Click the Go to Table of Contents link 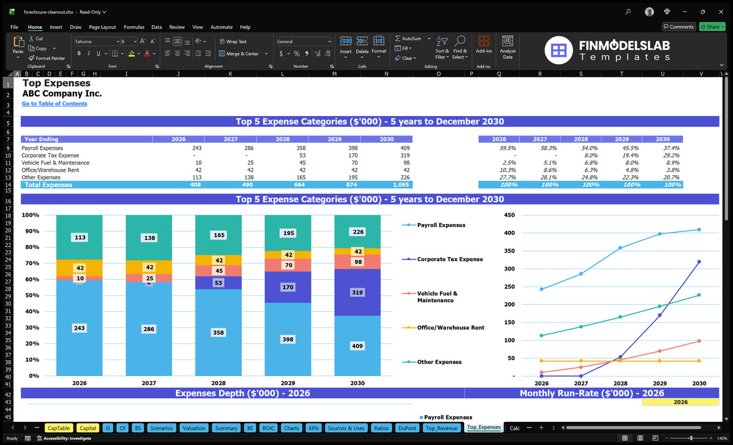tap(54, 104)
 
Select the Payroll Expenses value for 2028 tap(301, 148)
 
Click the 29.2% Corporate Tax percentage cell tap(671, 155)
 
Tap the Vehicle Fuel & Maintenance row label tap(56, 163)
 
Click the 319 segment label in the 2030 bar tap(357, 292)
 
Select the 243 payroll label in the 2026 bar tap(79, 328)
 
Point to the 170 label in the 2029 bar tap(288, 287)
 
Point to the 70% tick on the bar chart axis tap(32, 263)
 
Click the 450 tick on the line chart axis tap(509, 215)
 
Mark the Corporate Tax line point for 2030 tap(699, 262)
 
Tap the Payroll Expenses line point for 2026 tap(541, 289)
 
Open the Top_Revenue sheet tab tap(442, 428)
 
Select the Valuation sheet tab tap(194, 428)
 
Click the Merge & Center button tap(243, 54)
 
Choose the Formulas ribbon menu tap(134, 27)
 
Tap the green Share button tap(712, 27)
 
